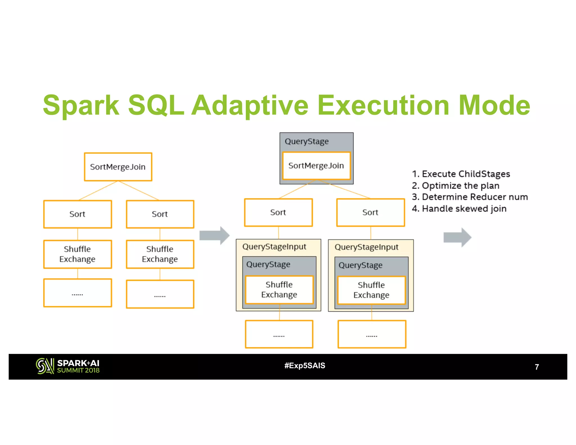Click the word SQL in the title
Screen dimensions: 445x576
[156, 105]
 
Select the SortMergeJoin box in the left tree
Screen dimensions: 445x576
[118, 167]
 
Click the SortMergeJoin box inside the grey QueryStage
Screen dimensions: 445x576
[316, 166]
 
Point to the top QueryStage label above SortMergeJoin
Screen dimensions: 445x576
[307, 141]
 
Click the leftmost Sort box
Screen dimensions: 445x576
[77, 214]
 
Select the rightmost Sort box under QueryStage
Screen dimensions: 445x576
[370, 212]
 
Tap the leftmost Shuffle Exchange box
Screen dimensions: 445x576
[77, 254]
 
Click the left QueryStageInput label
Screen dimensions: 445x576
[274, 247]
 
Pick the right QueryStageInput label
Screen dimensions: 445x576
[366, 247]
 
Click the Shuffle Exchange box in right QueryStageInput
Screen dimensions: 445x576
[371, 290]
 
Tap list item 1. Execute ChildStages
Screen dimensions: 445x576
[461, 174]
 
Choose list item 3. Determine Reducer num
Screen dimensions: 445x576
[470, 197]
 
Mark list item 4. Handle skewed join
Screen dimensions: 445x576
[459, 209]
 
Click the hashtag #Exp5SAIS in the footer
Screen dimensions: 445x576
[305, 365]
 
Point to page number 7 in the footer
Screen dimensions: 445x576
[537, 367]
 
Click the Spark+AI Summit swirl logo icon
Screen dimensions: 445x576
[45, 366]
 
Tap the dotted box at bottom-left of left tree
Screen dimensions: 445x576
[77, 293]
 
